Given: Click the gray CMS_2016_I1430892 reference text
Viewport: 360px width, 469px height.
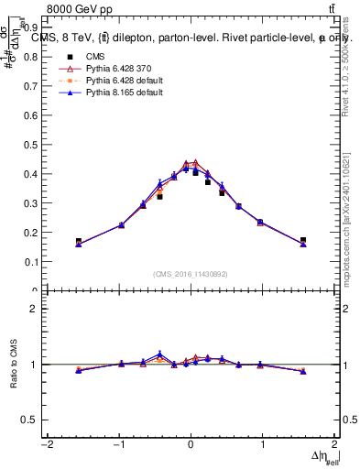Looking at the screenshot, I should (x=191, y=274).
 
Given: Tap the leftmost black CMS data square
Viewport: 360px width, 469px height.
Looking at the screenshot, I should (x=79, y=241).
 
